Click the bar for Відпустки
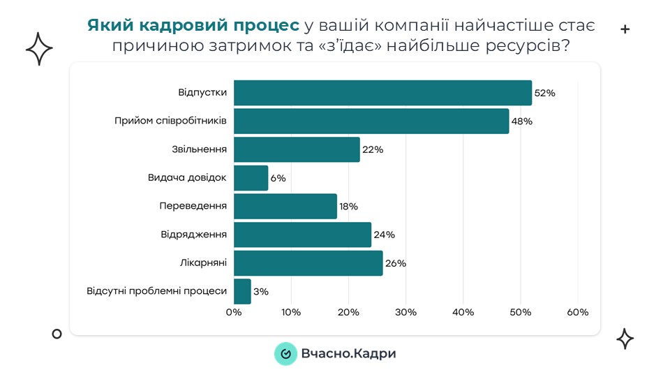coord(382,93)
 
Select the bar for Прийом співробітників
coord(371,121)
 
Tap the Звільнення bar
coord(297,149)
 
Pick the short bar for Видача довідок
coord(251,178)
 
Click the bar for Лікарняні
coord(308,263)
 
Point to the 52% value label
coord(544,93)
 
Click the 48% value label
coord(521,121)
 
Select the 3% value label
coord(261,292)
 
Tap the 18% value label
coord(348,207)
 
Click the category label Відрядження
coord(194,235)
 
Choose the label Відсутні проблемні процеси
coord(157,291)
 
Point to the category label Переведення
coord(193,206)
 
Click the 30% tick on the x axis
coord(405,312)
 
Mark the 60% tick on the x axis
coord(578,312)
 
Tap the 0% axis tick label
coord(234,312)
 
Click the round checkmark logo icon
coord(285,354)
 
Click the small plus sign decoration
coord(625,29)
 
